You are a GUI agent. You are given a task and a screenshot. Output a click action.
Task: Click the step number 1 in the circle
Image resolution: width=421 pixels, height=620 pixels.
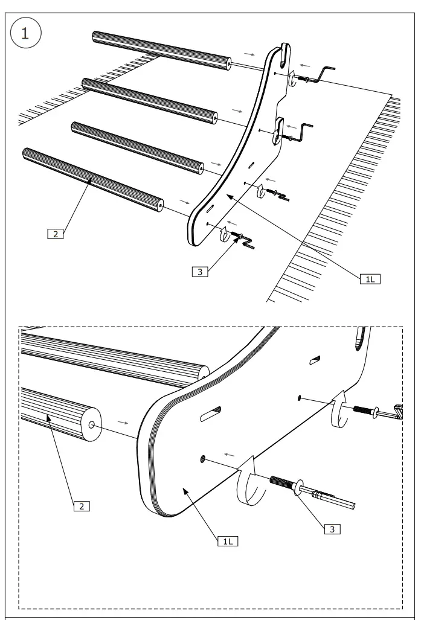point(25,34)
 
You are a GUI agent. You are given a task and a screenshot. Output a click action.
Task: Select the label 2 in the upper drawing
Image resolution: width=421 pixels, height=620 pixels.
point(55,234)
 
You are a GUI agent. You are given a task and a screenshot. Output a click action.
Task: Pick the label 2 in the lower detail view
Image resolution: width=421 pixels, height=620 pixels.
point(81,505)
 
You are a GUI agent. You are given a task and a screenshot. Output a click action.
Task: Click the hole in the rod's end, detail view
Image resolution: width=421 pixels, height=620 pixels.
point(91,425)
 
